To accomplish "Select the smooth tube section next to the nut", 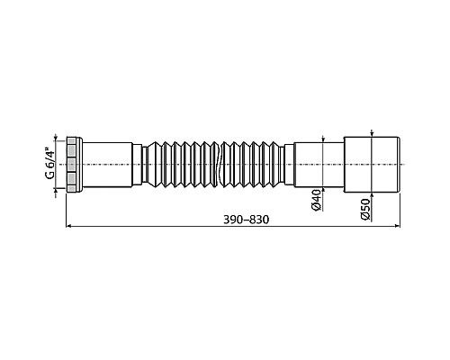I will point(112,165).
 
